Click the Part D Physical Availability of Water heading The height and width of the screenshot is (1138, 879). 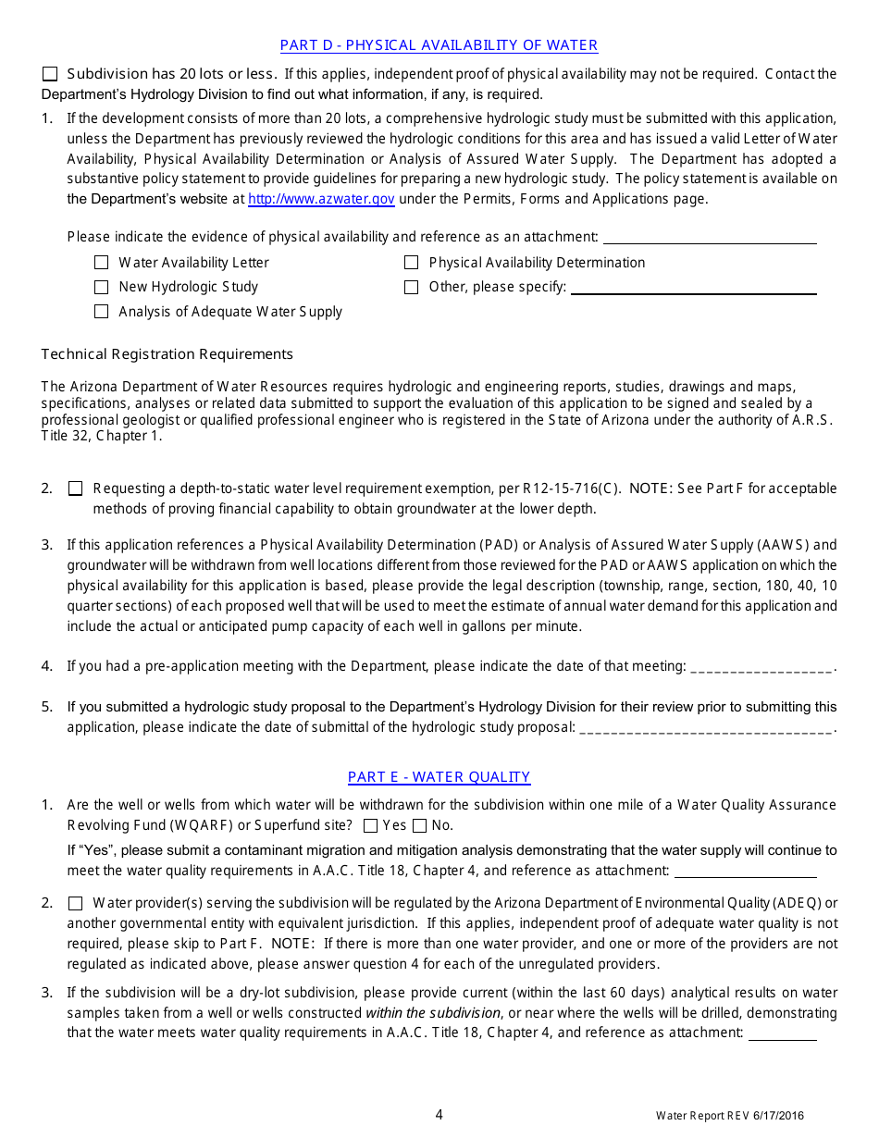[439, 45]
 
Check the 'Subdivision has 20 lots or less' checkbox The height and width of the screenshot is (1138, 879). [50, 74]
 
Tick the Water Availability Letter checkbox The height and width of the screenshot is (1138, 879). [102, 263]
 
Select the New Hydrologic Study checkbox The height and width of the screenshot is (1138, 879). [102, 288]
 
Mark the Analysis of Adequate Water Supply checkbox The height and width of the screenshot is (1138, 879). [102, 312]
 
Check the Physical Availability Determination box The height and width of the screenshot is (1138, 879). [412, 263]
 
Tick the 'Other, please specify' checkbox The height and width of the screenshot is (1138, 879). [412, 288]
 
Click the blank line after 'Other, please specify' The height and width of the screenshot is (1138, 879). [693, 289]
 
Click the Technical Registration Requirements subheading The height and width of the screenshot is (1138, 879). [167, 354]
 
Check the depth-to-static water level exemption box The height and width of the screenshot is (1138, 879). [76, 489]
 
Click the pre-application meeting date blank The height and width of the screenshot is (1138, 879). [761, 667]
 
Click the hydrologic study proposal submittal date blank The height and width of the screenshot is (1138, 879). [705, 728]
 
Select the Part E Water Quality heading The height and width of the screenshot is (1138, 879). [439, 777]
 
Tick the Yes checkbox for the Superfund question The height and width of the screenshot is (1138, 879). [371, 826]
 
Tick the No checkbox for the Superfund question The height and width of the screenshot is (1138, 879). [419, 826]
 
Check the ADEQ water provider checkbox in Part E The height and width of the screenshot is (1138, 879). [76, 903]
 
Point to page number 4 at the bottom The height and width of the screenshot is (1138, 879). [439, 1115]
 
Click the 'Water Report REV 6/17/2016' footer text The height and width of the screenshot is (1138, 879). [729, 1116]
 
